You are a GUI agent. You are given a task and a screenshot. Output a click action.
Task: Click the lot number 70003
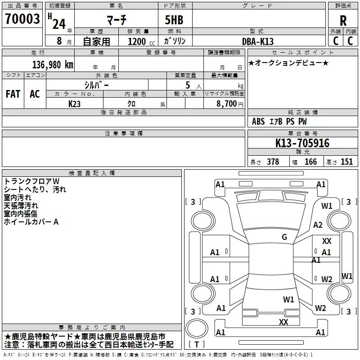[22, 19]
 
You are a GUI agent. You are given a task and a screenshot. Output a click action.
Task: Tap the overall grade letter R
[343, 20]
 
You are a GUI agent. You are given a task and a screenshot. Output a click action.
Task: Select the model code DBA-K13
[258, 41]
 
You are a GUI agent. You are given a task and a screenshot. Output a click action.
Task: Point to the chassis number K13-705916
[302, 143]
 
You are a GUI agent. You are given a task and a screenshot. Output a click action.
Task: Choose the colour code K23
[75, 103]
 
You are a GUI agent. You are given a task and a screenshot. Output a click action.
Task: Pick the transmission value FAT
[13, 94]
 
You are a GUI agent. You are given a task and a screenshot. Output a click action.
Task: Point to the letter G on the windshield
[284, 237]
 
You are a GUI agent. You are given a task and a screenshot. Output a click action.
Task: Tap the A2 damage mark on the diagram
[318, 225]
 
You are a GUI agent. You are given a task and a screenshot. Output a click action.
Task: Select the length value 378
[273, 162]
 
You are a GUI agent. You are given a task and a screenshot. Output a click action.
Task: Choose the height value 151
[346, 162]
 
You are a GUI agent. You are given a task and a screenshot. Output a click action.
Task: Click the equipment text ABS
[258, 121]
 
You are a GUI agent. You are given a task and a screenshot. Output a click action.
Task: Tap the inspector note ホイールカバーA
[31, 222]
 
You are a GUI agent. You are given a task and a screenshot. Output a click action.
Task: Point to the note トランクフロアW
[35, 181]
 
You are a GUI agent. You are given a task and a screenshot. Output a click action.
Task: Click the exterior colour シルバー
[96, 84]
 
